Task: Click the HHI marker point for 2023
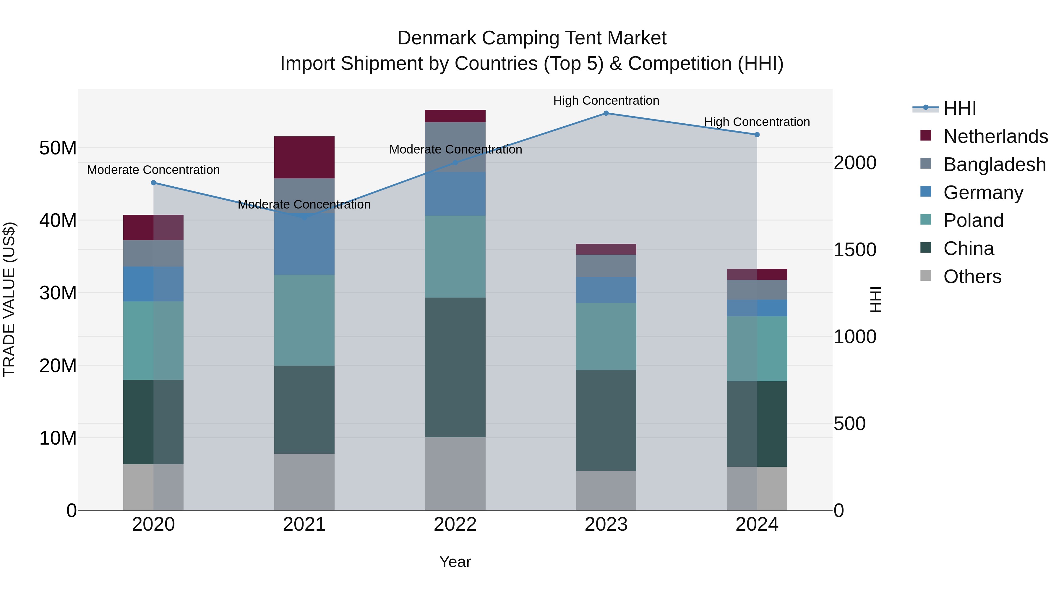click(x=606, y=113)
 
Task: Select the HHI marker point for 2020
click(x=153, y=183)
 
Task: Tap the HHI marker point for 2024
click(x=757, y=135)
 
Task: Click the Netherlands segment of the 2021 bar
click(x=304, y=157)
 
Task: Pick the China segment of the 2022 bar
click(x=455, y=367)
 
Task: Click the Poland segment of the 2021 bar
click(x=304, y=320)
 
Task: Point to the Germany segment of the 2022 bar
click(x=455, y=194)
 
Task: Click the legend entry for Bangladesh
click(x=994, y=164)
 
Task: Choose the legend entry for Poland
click(x=973, y=220)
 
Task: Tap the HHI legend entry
click(x=959, y=108)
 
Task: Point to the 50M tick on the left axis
click(x=58, y=148)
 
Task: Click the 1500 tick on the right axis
click(x=854, y=250)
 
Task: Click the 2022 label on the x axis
click(x=455, y=524)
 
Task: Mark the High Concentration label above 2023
click(x=606, y=101)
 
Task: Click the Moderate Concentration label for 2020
click(x=153, y=170)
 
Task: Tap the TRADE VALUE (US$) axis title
click(x=9, y=299)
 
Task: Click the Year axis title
click(x=455, y=562)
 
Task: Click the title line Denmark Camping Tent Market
click(x=532, y=38)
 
